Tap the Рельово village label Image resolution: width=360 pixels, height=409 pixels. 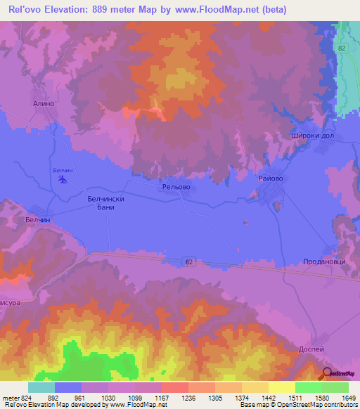point(176,188)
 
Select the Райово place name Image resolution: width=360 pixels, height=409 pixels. point(271,179)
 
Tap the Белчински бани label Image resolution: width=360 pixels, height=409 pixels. point(105,204)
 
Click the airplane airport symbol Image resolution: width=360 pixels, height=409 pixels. point(64,180)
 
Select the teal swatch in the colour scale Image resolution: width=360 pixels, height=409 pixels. point(41,387)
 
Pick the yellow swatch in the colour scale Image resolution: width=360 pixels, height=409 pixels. point(281,387)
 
